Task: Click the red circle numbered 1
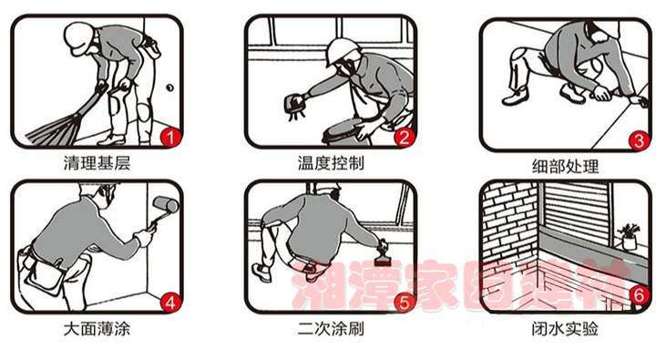tap(170, 138)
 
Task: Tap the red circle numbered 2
tap(404, 138)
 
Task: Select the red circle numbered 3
tap(639, 140)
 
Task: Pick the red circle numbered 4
tap(170, 303)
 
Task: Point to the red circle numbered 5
tap(404, 303)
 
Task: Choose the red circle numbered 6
tap(639, 294)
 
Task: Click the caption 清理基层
tap(97, 163)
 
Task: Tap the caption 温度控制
tap(331, 163)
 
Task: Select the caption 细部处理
tap(566, 166)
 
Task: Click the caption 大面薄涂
tap(97, 328)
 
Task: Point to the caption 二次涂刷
tap(331, 328)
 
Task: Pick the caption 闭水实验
tap(566, 328)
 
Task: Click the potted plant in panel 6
tap(629, 236)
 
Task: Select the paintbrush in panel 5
tap(384, 254)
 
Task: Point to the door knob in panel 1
tap(169, 88)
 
